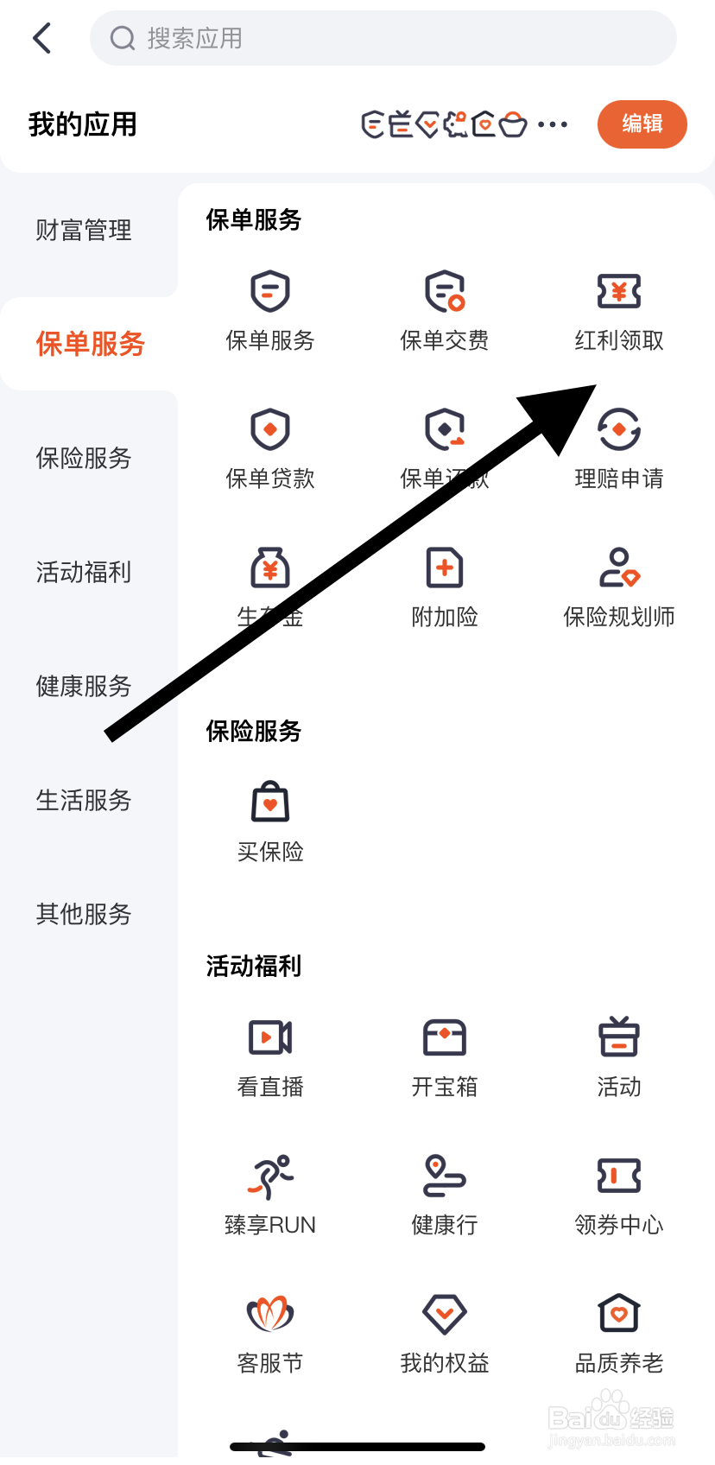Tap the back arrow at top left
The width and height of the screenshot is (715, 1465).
pyautogui.click(x=41, y=38)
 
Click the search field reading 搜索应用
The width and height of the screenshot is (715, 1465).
pyautogui.click(x=383, y=38)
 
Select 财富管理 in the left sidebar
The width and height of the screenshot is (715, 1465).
pyautogui.click(x=84, y=231)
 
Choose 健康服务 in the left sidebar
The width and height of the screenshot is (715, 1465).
pyautogui.click(x=84, y=687)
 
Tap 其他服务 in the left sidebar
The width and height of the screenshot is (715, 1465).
pyautogui.click(x=84, y=914)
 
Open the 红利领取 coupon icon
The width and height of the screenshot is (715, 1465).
pyautogui.click(x=618, y=292)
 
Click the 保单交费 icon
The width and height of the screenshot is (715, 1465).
pyautogui.click(x=445, y=292)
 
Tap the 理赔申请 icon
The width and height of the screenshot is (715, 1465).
pyautogui.click(x=618, y=430)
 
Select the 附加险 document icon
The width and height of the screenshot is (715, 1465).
pyautogui.click(x=445, y=568)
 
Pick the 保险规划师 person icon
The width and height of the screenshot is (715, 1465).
pyautogui.click(x=618, y=568)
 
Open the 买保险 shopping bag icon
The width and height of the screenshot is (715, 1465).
pyautogui.click(x=270, y=803)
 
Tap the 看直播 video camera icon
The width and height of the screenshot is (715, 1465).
pyautogui.click(x=270, y=1037)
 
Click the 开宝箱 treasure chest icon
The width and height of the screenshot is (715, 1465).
pyautogui.click(x=445, y=1037)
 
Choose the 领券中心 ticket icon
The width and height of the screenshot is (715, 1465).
pyautogui.click(x=618, y=1176)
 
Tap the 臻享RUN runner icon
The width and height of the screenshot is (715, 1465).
pyautogui.click(x=270, y=1176)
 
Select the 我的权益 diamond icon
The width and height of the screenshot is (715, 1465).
pyautogui.click(x=445, y=1314)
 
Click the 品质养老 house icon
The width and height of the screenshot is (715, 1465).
pyautogui.click(x=618, y=1314)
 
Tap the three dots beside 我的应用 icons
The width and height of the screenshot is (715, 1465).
pyautogui.click(x=553, y=124)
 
